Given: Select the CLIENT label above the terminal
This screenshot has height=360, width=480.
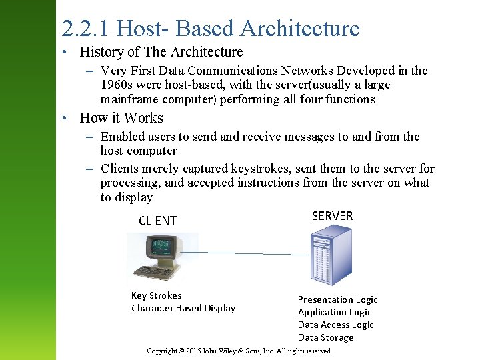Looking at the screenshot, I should (x=157, y=221).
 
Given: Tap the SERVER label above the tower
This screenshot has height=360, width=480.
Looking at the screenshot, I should (x=332, y=215).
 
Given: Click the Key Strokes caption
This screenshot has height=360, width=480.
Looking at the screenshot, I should (x=156, y=295).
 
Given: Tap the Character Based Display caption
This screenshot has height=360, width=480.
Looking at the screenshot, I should (x=183, y=308).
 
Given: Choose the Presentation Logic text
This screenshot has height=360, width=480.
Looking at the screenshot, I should (x=337, y=299).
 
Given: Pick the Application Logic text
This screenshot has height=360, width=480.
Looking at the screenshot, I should (x=335, y=312).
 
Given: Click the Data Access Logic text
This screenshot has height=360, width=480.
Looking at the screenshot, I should (x=335, y=325).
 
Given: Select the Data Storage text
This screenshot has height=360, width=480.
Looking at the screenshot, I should (x=325, y=337).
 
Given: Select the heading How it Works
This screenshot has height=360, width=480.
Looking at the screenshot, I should (x=121, y=118).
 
